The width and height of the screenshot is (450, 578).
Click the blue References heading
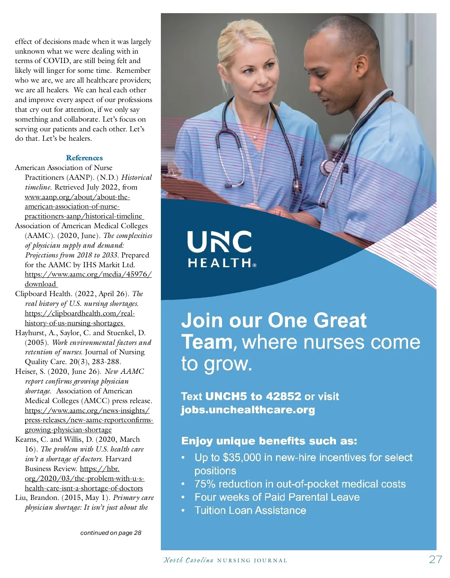pos(84,158)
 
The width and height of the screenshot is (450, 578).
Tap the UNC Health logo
pos(222,249)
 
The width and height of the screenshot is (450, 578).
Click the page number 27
pos(435,560)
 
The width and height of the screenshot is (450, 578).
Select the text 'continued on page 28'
pos(111,533)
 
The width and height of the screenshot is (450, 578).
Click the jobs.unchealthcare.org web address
pos(248,409)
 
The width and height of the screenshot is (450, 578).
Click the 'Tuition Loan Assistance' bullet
pos(250,510)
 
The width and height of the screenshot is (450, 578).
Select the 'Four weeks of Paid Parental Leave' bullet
pos(277,497)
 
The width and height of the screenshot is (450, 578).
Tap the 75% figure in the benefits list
pos(204,484)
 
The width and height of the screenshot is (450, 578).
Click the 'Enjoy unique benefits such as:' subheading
pos(269,441)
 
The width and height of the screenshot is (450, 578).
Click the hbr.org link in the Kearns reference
pos(84,479)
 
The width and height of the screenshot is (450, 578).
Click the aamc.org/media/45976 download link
pos(88,274)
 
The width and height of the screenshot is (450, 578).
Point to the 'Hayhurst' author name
pos(30,333)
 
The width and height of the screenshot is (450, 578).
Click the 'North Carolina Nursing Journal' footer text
pos(225,560)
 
